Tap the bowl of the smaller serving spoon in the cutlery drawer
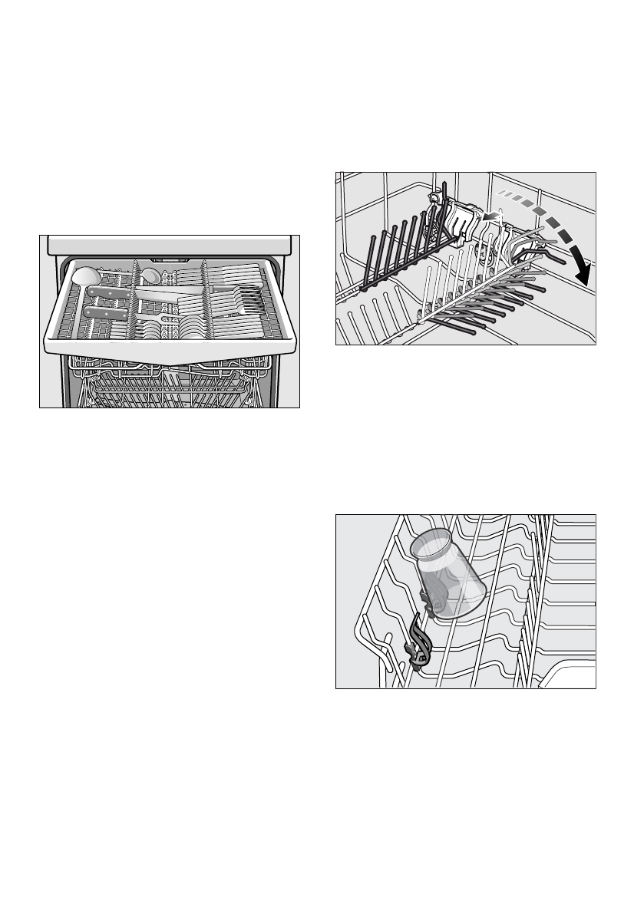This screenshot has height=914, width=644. (151, 274)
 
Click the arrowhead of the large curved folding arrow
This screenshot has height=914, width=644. (586, 272)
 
